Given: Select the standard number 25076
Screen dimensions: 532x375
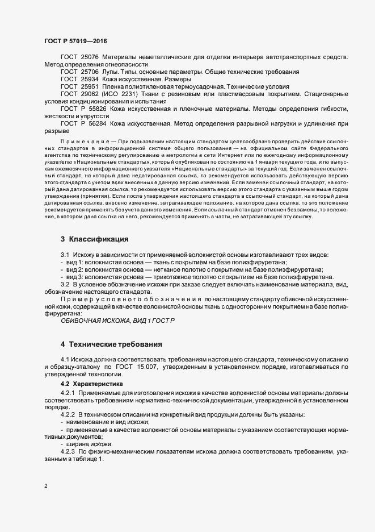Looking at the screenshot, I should pyautogui.click(x=90, y=58).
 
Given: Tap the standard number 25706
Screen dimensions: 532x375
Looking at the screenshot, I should pyautogui.click(x=90, y=73).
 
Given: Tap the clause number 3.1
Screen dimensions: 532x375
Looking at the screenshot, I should pyautogui.click(x=65, y=255).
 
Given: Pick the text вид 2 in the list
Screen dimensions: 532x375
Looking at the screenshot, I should pyautogui.click(x=75, y=270).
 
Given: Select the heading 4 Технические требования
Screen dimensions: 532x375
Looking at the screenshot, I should pyautogui.click(x=111, y=344).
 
